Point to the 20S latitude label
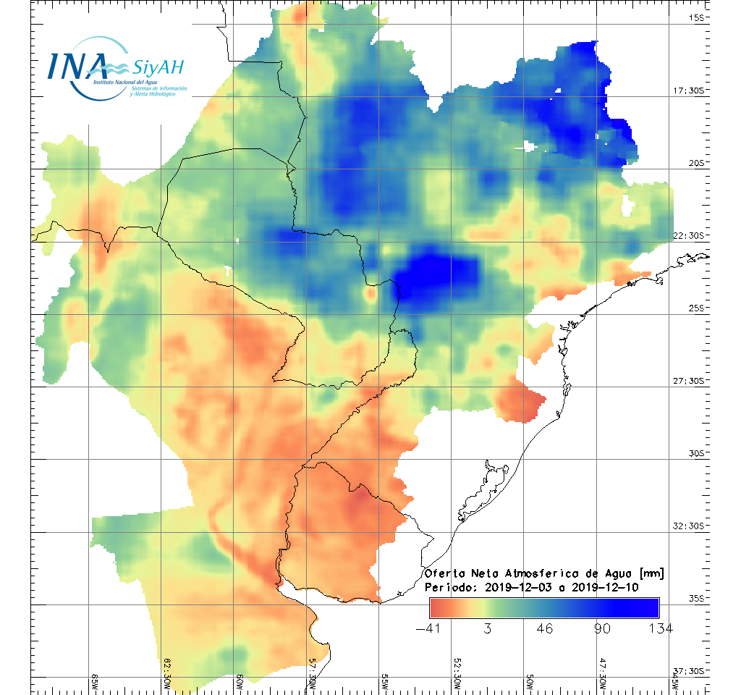click(x=696, y=163)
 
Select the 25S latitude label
click(x=696, y=308)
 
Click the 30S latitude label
click(x=696, y=453)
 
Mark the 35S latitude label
click(x=696, y=598)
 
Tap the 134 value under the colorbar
click(x=659, y=628)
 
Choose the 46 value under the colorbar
click(x=546, y=628)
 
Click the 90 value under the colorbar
click(x=602, y=628)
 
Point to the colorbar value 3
click(x=488, y=628)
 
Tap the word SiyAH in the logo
click(x=158, y=68)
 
